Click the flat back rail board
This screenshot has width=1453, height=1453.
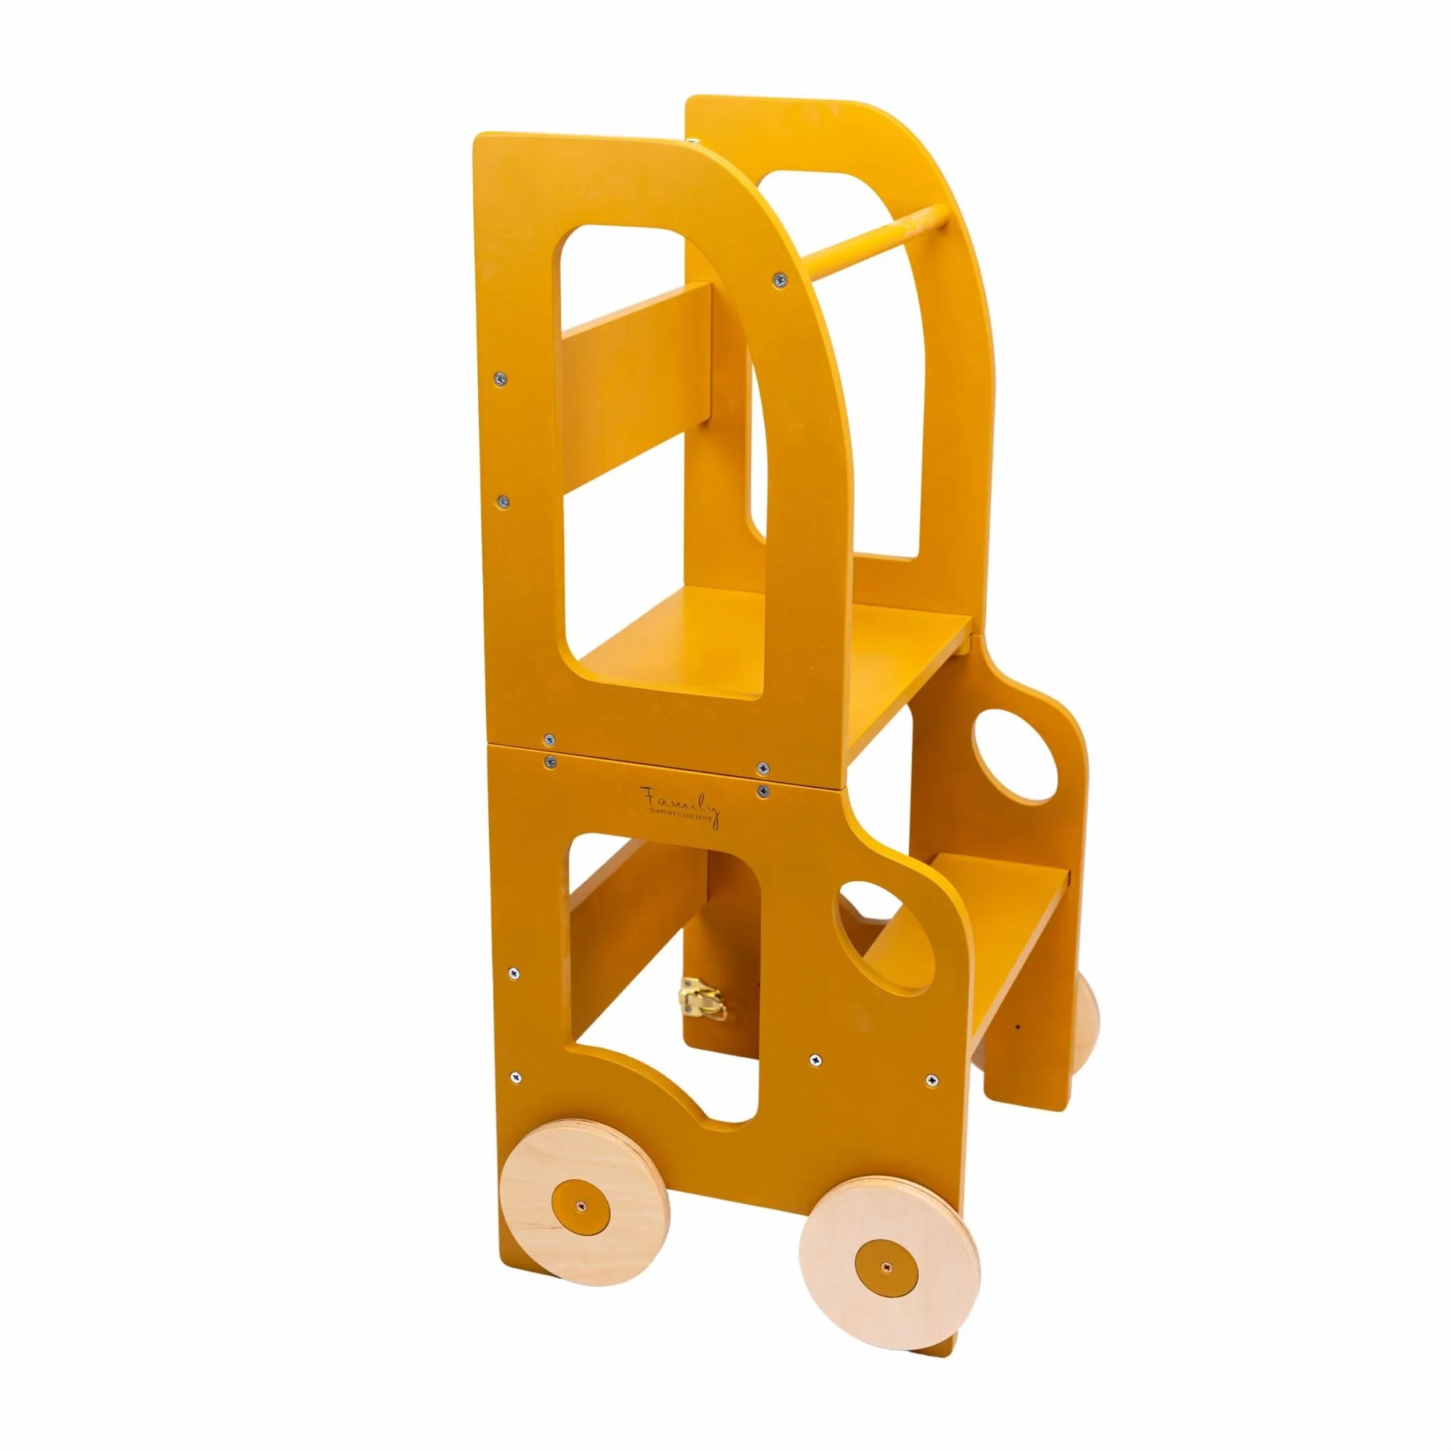click(639, 391)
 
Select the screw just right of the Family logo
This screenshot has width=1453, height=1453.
click(764, 790)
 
